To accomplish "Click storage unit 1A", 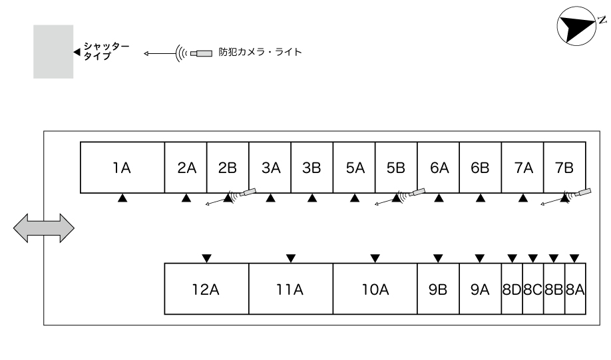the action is point(122,168).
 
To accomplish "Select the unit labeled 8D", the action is point(512,289).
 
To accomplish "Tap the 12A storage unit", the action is point(206,289).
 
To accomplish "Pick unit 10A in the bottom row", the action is point(375,289).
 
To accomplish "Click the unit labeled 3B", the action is point(311,168).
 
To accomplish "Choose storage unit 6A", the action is point(439,168).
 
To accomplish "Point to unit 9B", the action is point(439,289).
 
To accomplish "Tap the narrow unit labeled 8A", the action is point(575,289).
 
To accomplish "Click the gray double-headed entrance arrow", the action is point(44,228).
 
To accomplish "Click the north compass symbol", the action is point(576,26).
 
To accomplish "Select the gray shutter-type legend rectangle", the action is point(53,52).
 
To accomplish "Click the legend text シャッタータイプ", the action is point(106,51).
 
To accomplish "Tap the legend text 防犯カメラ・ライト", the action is point(260,52).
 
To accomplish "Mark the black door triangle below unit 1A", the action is point(122,198).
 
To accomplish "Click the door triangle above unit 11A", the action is point(291,258).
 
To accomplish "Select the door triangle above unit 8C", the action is point(533,258).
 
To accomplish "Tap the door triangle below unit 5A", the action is point(355,198).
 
